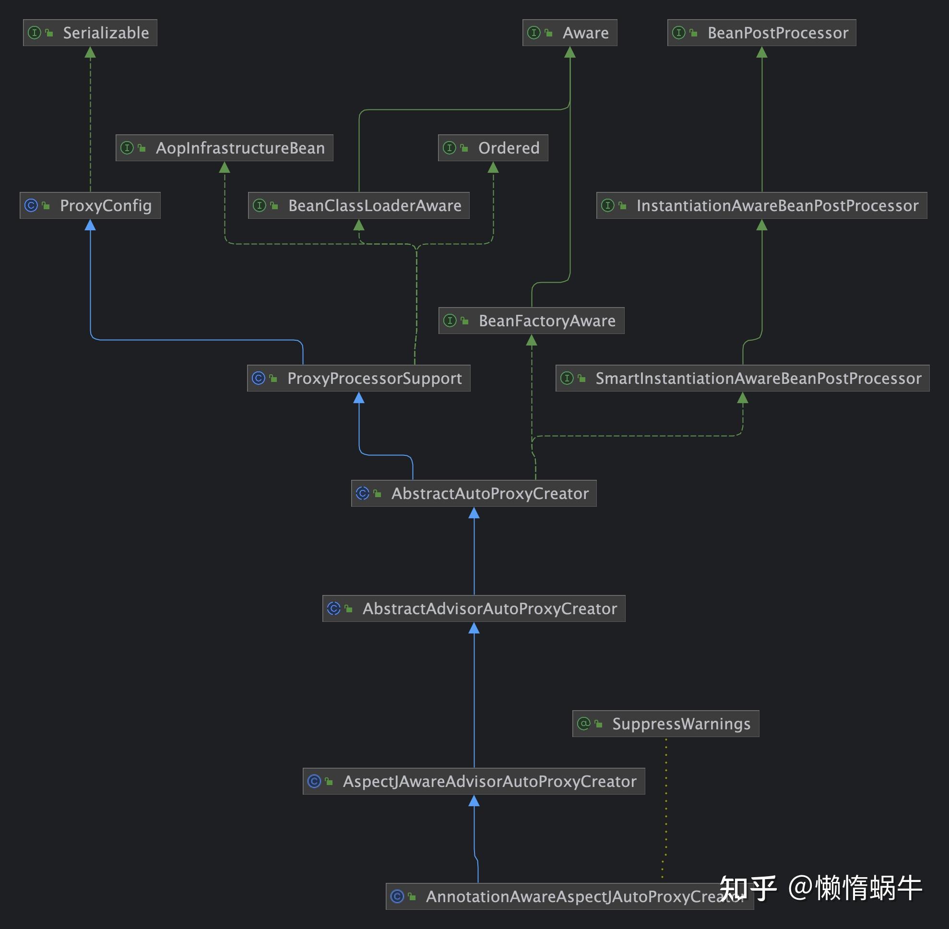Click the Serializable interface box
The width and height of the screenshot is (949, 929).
point(90,33)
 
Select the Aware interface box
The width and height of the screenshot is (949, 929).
point(569,33)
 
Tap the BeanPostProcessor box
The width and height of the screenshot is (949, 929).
point(761,33)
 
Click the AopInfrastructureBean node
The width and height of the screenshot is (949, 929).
point(225,148)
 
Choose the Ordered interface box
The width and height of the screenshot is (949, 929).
point(493,148)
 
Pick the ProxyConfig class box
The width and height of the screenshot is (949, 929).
point(90,205)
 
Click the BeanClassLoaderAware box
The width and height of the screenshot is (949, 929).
point(358,205)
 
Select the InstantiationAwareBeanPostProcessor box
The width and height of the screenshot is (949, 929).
point(761,205)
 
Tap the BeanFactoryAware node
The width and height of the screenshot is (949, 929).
point(531,321)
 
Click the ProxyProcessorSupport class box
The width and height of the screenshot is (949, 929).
point(358,378)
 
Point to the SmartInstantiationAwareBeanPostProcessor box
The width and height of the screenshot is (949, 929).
point(742,378)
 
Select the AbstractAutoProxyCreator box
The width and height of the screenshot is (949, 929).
point(474,493)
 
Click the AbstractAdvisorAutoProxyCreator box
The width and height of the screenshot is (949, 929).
point(474,608)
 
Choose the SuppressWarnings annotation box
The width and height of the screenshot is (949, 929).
point(665,724)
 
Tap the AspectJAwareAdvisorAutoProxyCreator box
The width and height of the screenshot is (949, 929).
point(474,781)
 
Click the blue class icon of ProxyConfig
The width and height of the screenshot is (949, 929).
point(31,205)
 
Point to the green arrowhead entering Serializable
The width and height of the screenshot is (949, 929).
point(90,52)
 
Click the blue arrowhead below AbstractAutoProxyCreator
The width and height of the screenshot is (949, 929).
point(474,513)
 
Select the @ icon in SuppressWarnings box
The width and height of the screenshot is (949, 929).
point(583,724)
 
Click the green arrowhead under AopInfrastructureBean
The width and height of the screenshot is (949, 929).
point(225,167)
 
